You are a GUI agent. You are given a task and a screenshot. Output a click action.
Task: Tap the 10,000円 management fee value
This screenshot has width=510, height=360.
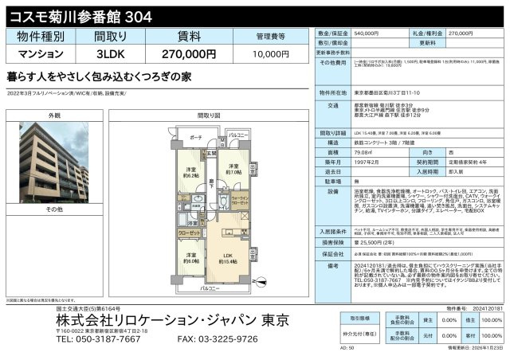(x=272, y=54)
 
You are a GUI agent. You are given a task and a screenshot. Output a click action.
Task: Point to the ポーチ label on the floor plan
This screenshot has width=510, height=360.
(x=197, y=137)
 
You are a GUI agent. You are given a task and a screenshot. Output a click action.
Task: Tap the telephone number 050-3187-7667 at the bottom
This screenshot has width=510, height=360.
(x=85, y=339)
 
